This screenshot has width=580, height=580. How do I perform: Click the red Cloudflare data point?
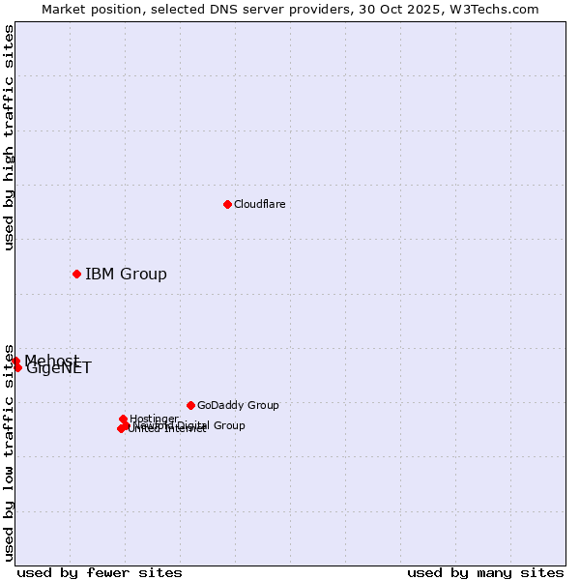click(227, 204)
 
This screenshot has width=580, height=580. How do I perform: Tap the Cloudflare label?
click(259, 204)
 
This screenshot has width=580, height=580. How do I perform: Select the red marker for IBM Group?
click(76, 274)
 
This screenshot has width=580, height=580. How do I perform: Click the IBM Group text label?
click(126, 274)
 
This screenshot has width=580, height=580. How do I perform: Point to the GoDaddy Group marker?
click(190, 405)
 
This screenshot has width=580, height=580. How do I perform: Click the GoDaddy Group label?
click(238, 405)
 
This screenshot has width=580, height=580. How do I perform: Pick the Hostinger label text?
click(154, 419)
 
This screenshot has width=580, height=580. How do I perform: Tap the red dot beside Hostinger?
click(123, 419)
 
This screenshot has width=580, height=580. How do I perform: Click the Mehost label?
click(51, 361)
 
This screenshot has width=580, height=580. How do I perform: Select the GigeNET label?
click(59, 368)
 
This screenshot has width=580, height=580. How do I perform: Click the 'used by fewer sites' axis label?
click(100, 572)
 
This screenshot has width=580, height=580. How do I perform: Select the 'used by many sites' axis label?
click(485, 572)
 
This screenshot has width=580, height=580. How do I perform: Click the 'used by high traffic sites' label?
click(9, 137)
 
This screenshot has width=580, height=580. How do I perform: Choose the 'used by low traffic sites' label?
click(9, 452)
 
